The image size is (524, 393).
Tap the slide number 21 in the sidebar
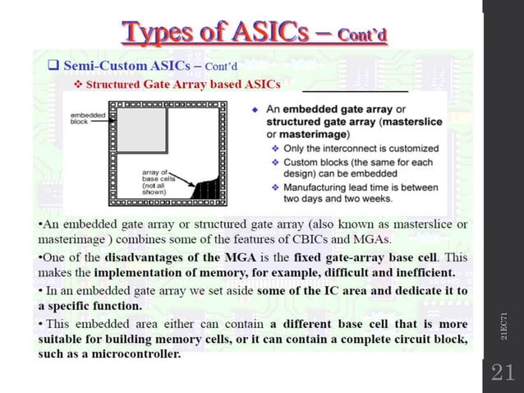tap(502, 372)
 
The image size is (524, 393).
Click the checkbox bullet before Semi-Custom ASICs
tap(50, 65)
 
